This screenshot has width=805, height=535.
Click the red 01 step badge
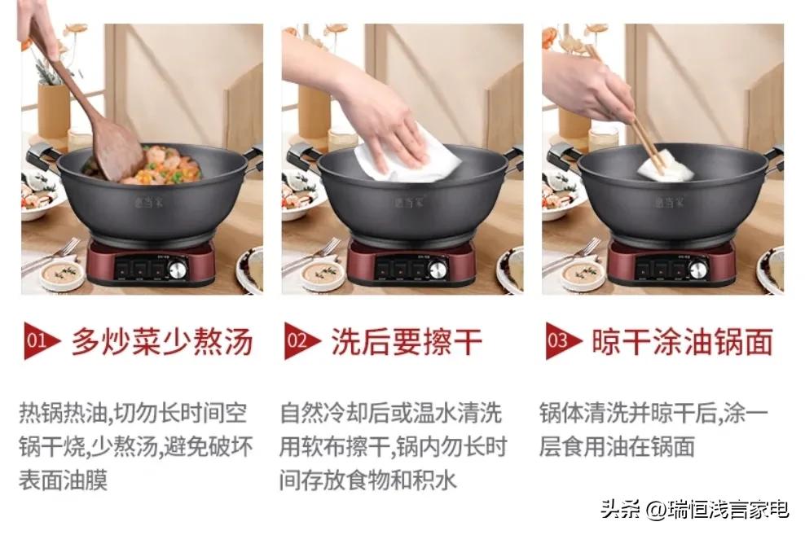coord(38,341)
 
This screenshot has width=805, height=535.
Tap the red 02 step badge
coord(299,341)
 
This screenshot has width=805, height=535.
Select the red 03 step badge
coord(560,341)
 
